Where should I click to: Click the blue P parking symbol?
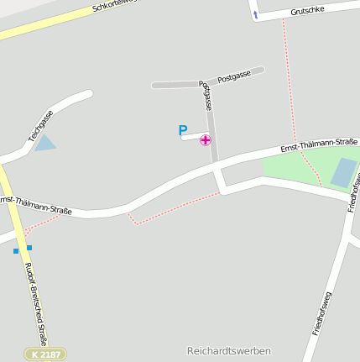(x=183, y=130)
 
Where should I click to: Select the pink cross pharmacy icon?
(x=206, y=139)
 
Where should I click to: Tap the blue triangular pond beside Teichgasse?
(x=45, y=143)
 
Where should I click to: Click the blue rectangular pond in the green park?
(x=343, y=172)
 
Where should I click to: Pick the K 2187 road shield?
(x=44, y=354)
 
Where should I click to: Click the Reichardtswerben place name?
(x=228, y=350)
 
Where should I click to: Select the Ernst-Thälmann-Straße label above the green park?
(x=319, y=145)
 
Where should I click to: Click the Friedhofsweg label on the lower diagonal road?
(x=322, y=313)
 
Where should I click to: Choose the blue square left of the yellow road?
(x=15, y=250)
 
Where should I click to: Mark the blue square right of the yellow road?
(x=29, y=248)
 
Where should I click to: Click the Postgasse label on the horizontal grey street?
(x=234, y=76)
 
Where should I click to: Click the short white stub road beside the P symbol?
(x=194, y=136)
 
